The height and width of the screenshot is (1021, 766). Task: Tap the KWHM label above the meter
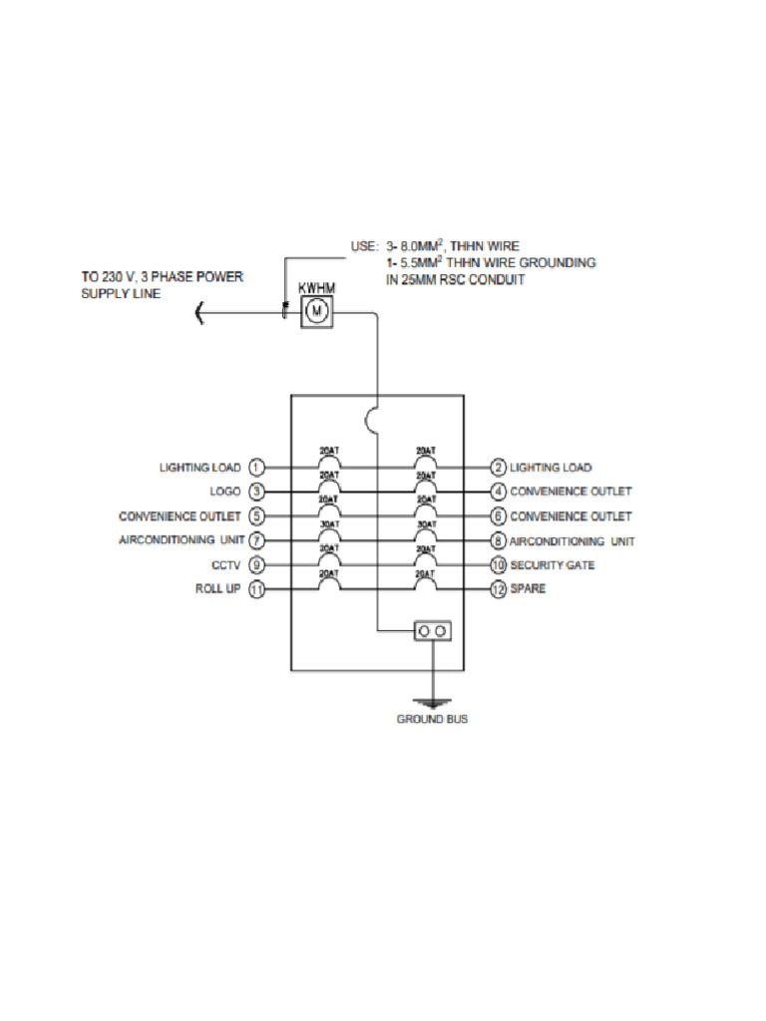(x=316, y=288)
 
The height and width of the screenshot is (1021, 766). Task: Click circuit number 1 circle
(x=256, y=467)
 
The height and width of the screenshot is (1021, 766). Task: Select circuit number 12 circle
(x=499, y=589)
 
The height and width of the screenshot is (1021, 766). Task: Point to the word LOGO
(x=225, y=492)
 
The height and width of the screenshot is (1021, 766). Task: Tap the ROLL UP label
(x=217, y=589)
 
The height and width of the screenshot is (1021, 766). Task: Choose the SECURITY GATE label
(x=552, y=565)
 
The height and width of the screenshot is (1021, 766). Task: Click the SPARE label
(x=529, y=589)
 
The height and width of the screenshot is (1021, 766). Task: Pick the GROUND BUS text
(x=432, y=720)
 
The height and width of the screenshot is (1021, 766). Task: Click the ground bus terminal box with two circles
(x=432, y=631)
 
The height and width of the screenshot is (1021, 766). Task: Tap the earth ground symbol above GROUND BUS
(x=432, y=702)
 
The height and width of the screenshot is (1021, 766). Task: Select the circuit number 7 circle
(x=256, y=540)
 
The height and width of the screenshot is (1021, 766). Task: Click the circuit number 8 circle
(x=499, y=540)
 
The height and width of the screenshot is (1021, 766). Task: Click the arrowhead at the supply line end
(x=199, y=315)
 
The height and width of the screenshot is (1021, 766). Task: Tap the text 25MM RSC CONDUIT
(x=455, y=280)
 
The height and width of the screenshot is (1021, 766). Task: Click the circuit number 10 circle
(x=499, y=565)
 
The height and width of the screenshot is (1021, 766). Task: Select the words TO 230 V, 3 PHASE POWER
(x=162, y=276)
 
